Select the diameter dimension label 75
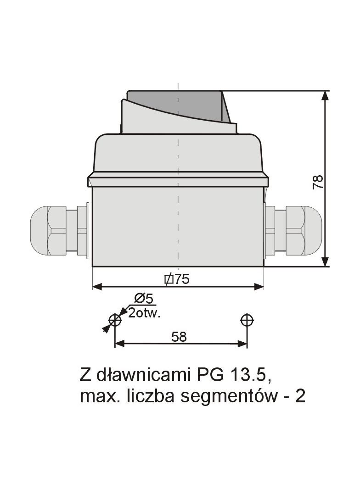177,279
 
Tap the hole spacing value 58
179,337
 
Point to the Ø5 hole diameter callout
143,299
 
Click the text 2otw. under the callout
144,314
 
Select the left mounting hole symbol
115,320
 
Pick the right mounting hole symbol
247,320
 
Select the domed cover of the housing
178,154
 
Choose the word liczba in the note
152,396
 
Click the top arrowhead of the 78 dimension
325,95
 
